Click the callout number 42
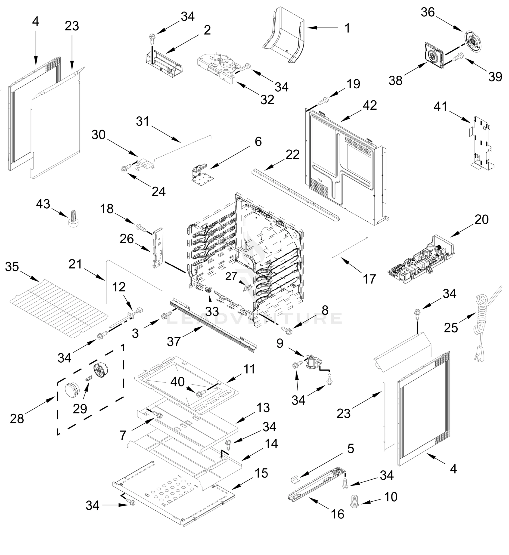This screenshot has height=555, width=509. click(x=370, y=105)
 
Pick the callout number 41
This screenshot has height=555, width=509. click(x=441, y=107)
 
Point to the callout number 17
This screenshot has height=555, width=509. click(x=369, y=279)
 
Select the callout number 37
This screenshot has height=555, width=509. click(x=174, y=342)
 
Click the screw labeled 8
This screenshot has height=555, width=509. click(x=286, y=329)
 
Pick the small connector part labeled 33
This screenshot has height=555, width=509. click(x=208, y=290)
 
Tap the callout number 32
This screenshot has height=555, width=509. click(x=267, y=100)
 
